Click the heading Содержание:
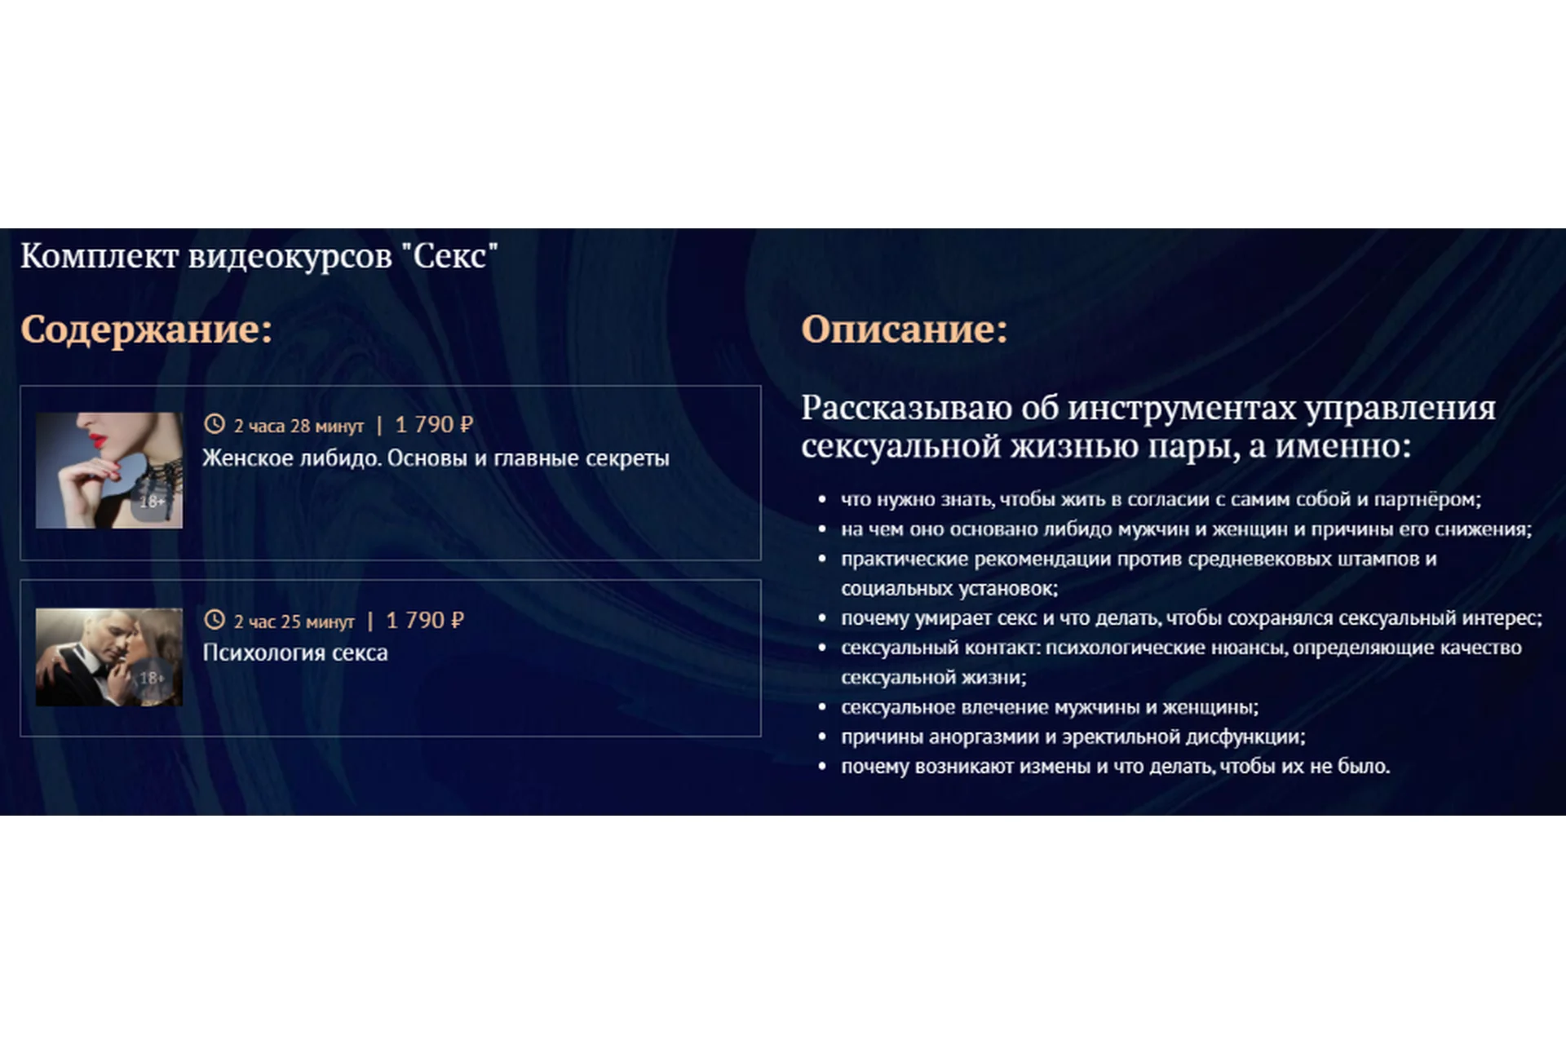coord(146,330)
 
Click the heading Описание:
coord(904,330)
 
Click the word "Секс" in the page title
coord(449,256)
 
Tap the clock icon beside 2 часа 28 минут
coord(214,424)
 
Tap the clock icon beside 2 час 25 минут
coord(214,620)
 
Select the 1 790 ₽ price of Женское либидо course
coord(434,425)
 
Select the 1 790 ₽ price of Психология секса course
coord(425,621)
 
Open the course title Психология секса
coord(294,652)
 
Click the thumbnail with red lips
coord(109,470)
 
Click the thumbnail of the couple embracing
coord(109,657)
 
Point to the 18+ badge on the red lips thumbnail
coord(152,502)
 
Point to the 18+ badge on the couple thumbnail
coord(152,678)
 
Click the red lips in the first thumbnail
coord(97,440)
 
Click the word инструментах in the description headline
coord(1182,408)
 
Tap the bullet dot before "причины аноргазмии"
coord(822,737)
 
